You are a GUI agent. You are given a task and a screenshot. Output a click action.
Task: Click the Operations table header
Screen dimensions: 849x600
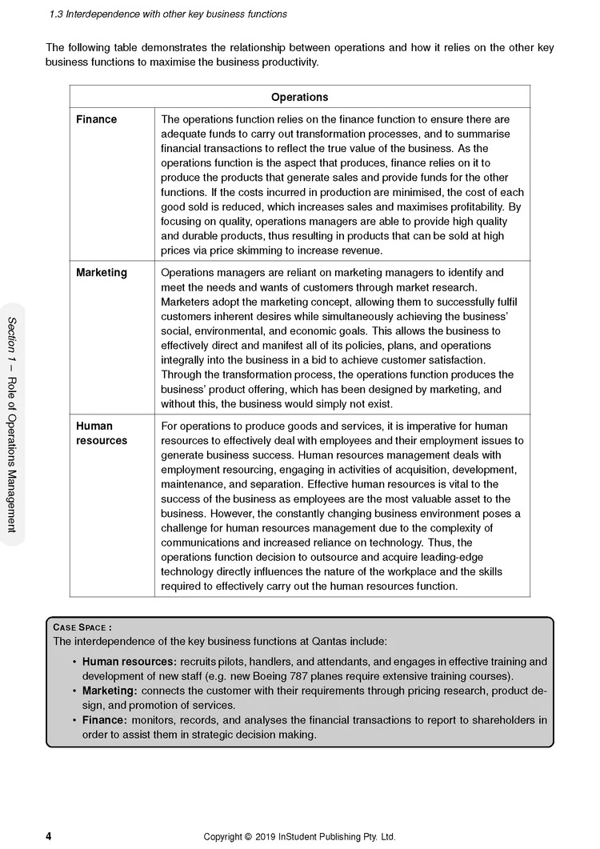coord(299,97)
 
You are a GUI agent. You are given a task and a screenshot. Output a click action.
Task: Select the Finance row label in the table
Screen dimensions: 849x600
coord(96,119)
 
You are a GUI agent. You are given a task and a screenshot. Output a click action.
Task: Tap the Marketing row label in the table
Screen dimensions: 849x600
coord(101,273)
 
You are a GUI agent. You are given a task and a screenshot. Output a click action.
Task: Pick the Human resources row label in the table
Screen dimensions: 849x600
coord(101,433)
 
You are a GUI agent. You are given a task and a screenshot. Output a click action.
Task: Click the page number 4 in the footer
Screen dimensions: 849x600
coord(49,837)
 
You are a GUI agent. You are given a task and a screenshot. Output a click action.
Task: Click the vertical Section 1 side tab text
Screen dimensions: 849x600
coord(11,424)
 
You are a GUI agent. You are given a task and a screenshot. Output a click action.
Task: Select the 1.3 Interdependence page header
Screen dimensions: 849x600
coord(168,14)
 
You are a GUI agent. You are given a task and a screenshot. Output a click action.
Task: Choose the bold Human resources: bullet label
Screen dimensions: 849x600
coord(129,662)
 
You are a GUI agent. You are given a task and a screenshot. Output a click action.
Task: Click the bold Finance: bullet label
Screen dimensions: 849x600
coord(105,720)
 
